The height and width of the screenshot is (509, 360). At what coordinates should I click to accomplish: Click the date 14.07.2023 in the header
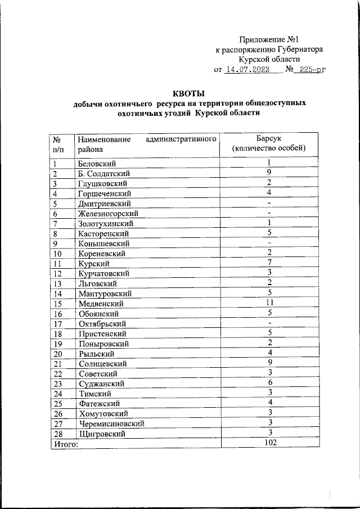pos(247,70)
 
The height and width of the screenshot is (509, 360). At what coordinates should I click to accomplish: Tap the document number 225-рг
pos(312,70)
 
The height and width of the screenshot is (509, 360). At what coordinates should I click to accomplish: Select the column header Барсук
pos(269,138)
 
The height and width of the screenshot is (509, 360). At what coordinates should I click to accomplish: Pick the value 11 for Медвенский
pos(269,303)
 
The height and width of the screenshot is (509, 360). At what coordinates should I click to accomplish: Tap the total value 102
pos(269,443)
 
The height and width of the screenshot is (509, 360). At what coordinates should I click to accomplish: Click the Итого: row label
pos(66,444)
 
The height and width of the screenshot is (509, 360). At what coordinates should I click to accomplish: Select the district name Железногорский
pos(109,214)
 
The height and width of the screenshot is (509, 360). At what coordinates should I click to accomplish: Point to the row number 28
pos(58,434)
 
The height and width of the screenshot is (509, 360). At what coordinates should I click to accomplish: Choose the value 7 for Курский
pos(269,262)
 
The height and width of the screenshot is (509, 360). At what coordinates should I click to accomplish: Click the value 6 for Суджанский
pos(269,382)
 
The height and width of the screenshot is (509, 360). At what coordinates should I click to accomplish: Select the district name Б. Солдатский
pos(104,173)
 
